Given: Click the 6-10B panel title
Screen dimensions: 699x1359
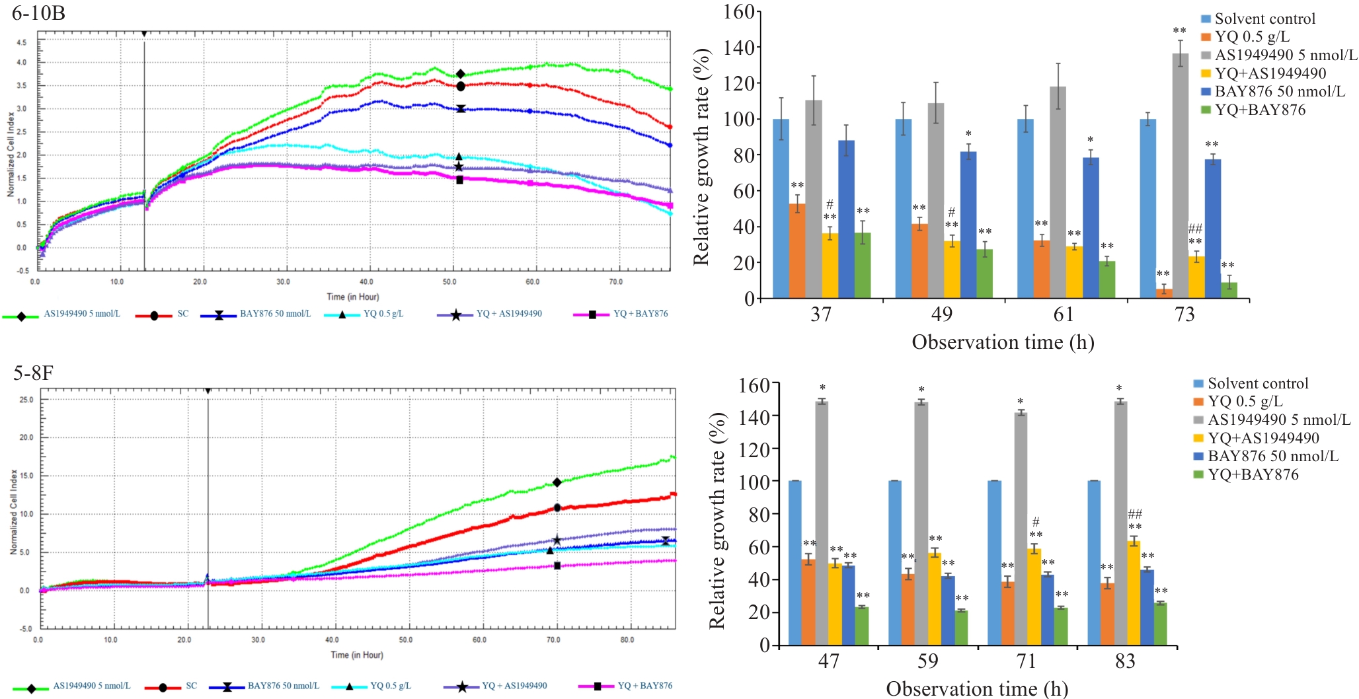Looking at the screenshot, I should click(x=38, y=13).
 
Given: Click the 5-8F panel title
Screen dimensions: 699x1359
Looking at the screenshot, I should click(x=33, y=373).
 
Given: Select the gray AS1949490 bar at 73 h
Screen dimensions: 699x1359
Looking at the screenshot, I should click(x=1180, y=176).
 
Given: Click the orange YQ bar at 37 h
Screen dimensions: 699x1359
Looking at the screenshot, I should click(x=797, y=251).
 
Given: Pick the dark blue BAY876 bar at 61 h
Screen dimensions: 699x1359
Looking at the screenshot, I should click(x=1091, y=228).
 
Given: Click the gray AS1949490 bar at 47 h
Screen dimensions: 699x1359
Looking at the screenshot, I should click(x=822, y=523).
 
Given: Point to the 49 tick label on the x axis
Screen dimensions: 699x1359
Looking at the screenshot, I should click(x=942, y=314).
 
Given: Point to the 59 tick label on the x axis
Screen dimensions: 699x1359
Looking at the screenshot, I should click(x=927, y=661).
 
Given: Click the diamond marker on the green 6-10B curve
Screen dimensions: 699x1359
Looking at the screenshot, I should click(x=461, y=74).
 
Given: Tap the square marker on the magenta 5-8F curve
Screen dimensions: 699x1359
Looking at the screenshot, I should click(x=557, y=566).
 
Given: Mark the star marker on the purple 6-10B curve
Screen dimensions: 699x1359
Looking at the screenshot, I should click(x=459, y=166).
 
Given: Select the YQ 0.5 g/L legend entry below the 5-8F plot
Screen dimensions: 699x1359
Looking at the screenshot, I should click(x=390, y=686).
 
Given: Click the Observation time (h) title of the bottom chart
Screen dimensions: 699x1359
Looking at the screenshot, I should click(x=976, y=689).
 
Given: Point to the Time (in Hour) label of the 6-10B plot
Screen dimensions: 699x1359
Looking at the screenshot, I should click(x=352, y=297).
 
